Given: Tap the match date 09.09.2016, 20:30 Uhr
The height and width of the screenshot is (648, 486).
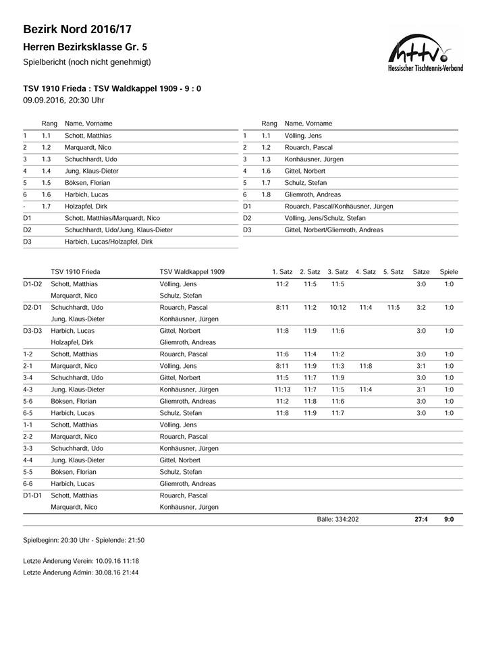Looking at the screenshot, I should tap(63, 100).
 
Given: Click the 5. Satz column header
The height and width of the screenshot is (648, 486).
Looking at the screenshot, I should tap(393, 272).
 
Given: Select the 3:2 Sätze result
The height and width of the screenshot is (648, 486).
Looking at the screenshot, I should tap(421, 307).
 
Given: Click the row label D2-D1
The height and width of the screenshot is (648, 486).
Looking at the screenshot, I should tap(32, 307).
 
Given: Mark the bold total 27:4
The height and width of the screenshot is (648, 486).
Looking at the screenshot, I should tap(421, 519).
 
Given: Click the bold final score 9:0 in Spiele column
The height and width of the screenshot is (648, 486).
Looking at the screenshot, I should tap(449, 519).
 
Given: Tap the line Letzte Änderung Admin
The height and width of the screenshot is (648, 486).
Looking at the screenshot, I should tap(81, 572).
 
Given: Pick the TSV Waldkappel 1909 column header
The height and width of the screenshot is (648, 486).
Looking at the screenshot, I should tap(192, 272).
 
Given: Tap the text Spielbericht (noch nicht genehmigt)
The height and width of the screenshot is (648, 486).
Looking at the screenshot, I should tap(86, 62).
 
